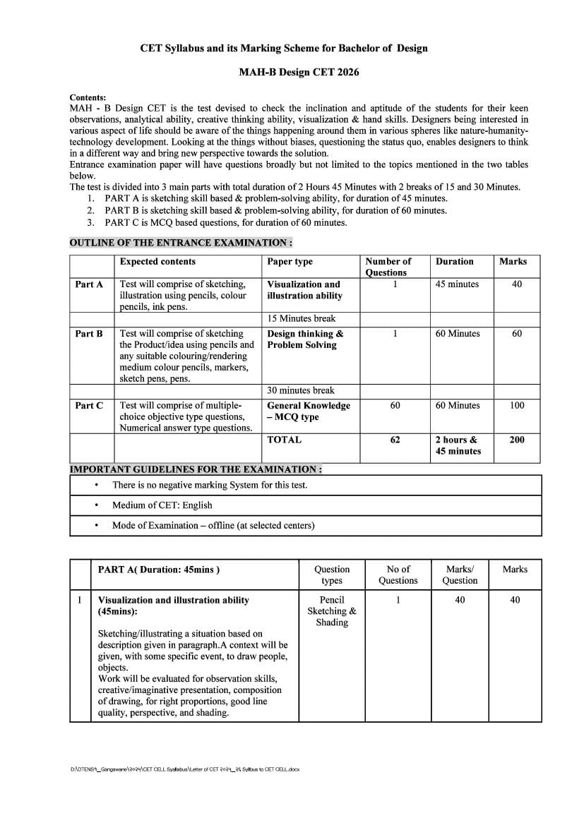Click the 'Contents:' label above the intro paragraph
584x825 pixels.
(x=88, y=97)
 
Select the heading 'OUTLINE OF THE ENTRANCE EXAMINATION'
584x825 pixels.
(x=181, y=243)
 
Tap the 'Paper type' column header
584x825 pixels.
(x=290, y=262)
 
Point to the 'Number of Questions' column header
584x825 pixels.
(x=388, y=267)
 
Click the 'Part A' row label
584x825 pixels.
(x=89, y=284)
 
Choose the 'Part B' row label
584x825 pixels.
(x=89, y=334)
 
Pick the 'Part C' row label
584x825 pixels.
(x=89, y=406)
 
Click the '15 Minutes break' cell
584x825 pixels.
(x=302, y=319)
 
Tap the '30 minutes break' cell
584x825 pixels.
(x=301, y=390)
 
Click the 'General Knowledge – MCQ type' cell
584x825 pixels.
(x=309, y=411)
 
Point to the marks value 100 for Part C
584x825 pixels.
(x=517, y=406)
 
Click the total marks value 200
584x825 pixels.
(x=517, y=440)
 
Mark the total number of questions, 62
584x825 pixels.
(x=395, y=440)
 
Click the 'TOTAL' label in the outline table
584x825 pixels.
(x=284, y=440)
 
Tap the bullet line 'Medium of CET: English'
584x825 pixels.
(x=162, y=505)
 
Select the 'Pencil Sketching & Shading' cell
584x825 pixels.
(x=332, y=611)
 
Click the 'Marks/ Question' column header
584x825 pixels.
(x=460, y=574)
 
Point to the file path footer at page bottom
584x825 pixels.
(x=185, y=769)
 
